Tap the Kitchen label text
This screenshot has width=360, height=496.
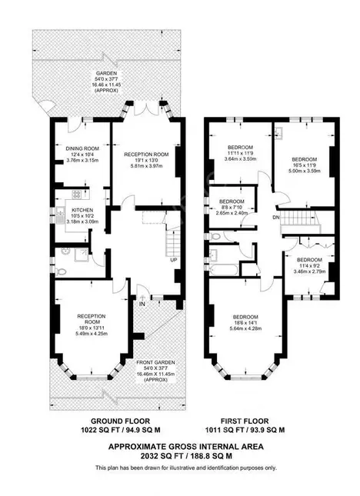[83, 208]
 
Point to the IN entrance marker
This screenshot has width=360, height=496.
[142, 304]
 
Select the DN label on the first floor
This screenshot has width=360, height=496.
[275, 218]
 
